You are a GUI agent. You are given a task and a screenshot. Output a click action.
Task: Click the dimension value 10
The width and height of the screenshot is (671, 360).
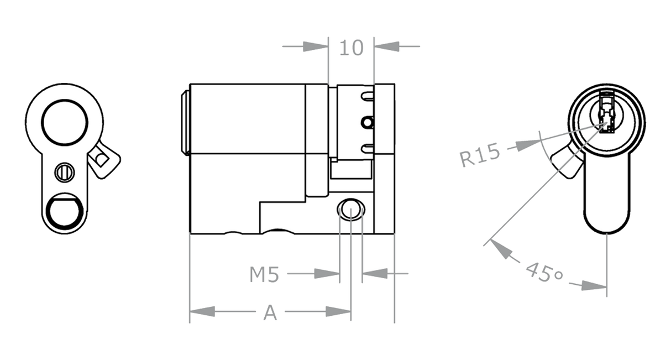tap(352, 48)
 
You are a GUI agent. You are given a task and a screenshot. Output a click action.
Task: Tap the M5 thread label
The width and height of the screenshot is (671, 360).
tap(264, 275)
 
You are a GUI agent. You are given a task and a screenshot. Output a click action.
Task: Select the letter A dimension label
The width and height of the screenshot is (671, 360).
tap(270, 312)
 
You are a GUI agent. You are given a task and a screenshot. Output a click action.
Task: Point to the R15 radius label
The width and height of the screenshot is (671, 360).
tap(480, 154)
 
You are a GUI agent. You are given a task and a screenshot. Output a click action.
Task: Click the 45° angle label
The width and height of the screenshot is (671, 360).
tap(544, 273)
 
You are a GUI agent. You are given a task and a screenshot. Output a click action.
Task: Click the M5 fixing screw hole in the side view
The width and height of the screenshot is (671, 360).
tap(351, 209)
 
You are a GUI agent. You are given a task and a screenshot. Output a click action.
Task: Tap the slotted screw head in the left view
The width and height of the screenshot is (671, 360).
tap(65, 173)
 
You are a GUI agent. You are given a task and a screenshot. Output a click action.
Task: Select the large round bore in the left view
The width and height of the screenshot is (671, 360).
tap(65, 123)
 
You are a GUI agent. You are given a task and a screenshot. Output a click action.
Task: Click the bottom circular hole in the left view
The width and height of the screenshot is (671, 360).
tap(65, 211)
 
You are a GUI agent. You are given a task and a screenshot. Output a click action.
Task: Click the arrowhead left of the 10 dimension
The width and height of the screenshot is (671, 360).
tap(315, 46)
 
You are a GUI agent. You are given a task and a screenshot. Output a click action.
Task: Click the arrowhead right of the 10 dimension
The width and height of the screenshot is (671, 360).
tap(387, 46)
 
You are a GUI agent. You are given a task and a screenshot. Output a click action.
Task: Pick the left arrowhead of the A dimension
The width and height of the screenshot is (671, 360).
tap(202, 312)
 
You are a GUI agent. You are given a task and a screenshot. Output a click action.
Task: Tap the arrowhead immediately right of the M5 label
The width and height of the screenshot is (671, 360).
tap(327, 273)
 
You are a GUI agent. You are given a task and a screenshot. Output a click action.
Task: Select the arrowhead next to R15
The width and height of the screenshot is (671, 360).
tap(528, 145)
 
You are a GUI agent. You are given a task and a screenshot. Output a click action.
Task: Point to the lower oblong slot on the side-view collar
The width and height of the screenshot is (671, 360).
tap(368, 148)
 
